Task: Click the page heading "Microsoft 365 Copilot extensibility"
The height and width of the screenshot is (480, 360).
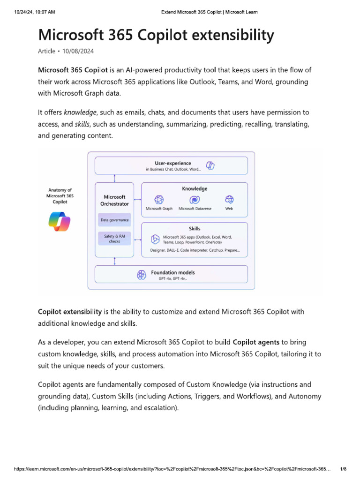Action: (156, 35)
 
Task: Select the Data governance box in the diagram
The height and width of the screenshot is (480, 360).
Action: (114, 220)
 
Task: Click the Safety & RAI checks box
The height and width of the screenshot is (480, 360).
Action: (114, 239)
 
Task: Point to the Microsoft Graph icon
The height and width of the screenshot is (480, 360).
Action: (159, 199)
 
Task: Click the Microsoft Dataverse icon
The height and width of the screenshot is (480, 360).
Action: (194, 199)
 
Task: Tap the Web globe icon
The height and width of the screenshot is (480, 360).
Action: (229, 199)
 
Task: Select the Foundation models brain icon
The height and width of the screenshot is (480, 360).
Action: (142, 275)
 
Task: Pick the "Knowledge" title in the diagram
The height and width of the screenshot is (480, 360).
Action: (195, 188)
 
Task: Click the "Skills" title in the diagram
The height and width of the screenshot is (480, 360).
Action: (195, 229)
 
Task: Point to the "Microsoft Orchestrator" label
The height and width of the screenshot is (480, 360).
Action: (114, 201)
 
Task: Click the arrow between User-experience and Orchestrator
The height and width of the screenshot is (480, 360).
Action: (115, 178)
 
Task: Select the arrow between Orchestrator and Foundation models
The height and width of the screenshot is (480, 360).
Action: (115, 261)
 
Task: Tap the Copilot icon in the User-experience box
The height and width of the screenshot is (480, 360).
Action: (210, 165)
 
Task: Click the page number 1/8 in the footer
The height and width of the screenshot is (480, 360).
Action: (343, 469)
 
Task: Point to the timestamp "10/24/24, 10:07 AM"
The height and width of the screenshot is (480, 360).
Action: (35, 12)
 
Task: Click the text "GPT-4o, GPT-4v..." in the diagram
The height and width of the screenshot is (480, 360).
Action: (172, 278)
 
